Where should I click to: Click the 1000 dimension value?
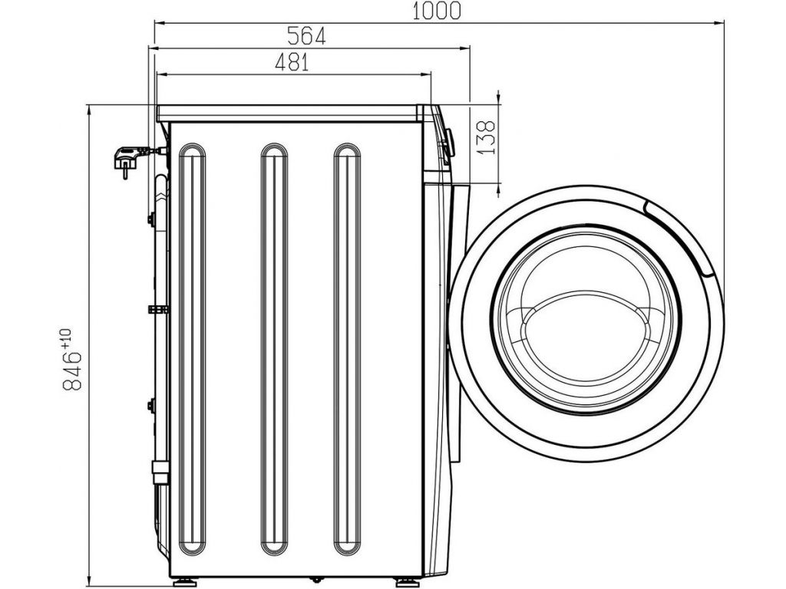pos(436,11)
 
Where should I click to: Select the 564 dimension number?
pos(306,36)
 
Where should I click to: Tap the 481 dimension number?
pos(292,63)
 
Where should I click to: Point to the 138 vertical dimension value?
pos(485,137)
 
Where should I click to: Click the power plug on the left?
pos(129,160)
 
